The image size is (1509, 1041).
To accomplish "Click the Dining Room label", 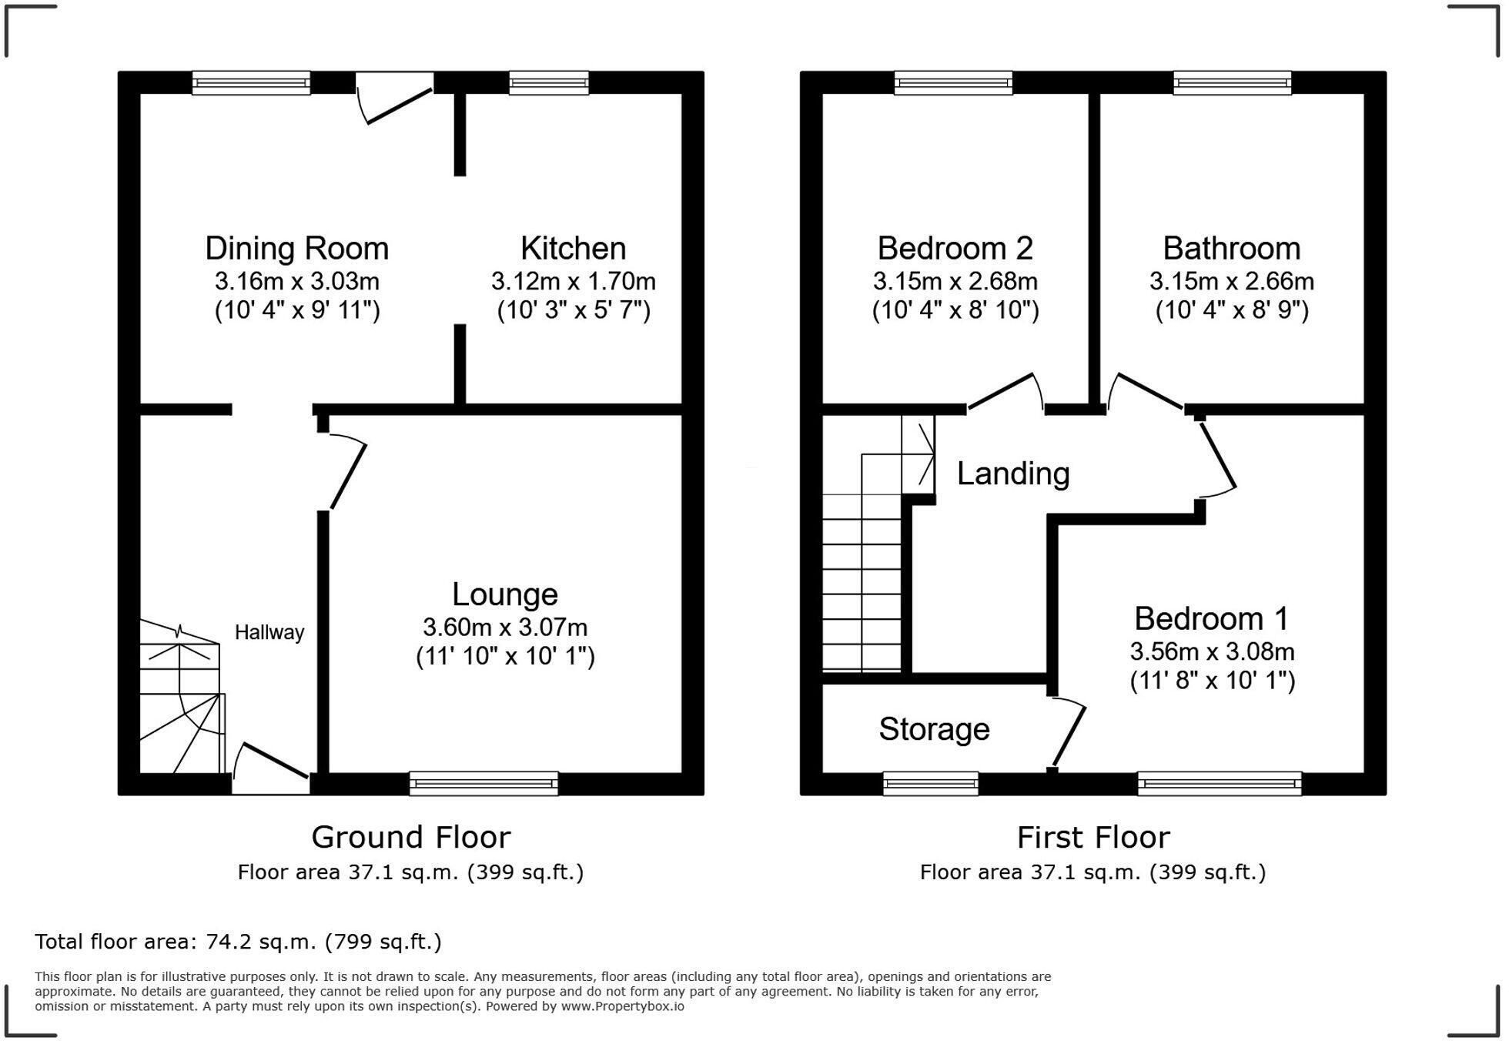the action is click(x=296, y=249).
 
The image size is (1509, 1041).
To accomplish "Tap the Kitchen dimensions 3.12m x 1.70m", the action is click(x=574, y=282).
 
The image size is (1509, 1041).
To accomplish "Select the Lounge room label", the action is click(x=505, y=594).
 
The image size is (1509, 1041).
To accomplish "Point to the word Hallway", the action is click(x=269, y=633).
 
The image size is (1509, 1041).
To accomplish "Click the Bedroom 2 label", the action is click(x=955, y=249).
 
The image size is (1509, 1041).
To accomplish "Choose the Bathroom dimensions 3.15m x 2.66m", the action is click(x=1232, y=282).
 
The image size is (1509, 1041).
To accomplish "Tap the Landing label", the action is click(x=1013, y=474).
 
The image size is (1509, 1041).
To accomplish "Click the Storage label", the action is click(x=934, y=729).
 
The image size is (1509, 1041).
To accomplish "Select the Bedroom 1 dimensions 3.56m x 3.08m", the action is click(x=1213, y=652).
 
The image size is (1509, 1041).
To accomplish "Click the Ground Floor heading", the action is click(x=411, y=837).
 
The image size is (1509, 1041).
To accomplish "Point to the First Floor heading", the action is click(x=1093, y=837).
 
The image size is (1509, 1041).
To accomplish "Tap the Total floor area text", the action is click(x=238, y=942).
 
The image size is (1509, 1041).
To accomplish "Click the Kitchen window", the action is click(x=549, y=82).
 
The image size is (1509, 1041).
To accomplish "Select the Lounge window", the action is click(x=483, y=783).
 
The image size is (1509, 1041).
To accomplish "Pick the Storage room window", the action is click(x=931, y=783).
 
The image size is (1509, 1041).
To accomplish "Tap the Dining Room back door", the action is click(x=395, y=98).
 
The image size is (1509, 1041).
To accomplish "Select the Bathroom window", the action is click(x=1232, y=82).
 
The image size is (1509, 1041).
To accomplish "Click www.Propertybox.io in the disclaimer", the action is click(x=622, y=1006).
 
